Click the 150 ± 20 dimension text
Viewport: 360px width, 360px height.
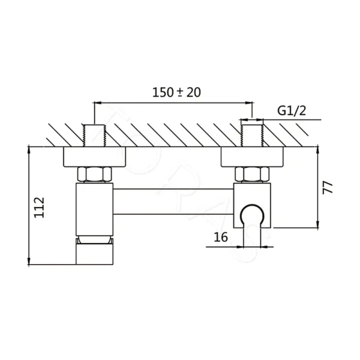point(176,92)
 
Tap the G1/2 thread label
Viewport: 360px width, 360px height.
point(292,111)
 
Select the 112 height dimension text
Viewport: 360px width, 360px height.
point(39,208)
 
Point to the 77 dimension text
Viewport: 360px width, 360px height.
point(328,188)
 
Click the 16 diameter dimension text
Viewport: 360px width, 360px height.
point(221,237)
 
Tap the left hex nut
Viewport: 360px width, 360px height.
point(94,174)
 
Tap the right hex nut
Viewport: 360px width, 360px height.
point(252,174)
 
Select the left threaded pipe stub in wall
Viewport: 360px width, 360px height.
point(94,136)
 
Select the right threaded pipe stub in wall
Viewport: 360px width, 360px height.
point(252,136)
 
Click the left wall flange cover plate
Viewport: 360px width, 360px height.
point(95,157)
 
